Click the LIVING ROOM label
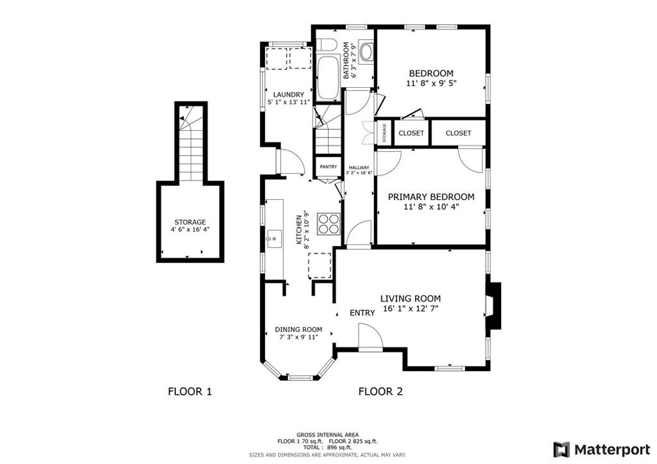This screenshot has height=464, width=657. click(x=411, y=299)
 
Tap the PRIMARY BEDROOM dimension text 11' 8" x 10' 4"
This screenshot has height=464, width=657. click(x=431, y=207)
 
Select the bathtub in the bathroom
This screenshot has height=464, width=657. click(x=328, y=78)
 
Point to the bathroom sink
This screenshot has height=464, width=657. click(x=366, y=52)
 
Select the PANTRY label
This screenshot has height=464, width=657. click(x=328, y=167)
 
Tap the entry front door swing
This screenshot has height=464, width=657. click(x=369, y=336)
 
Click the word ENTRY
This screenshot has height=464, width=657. click(x=362, y=313)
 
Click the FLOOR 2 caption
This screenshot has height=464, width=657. click(x=380, y=392)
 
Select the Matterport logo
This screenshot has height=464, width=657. click(x=596, y=449)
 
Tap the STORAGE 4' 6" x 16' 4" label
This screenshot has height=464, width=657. click(x=190, y=226)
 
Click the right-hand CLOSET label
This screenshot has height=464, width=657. click(x=458, y=133)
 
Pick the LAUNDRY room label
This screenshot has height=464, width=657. click(x=288, y=95)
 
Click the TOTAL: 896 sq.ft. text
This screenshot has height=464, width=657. click(x=327, y=447)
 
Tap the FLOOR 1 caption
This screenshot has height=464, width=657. click(x=189, y=392)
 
